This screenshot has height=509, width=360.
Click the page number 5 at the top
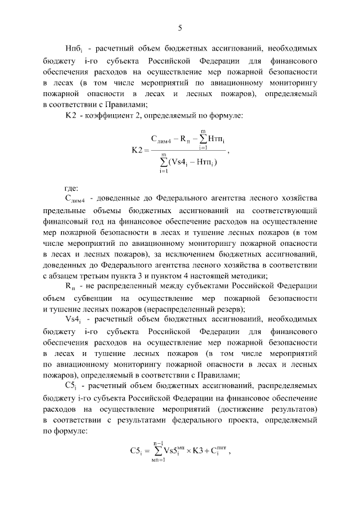[180, 28]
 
